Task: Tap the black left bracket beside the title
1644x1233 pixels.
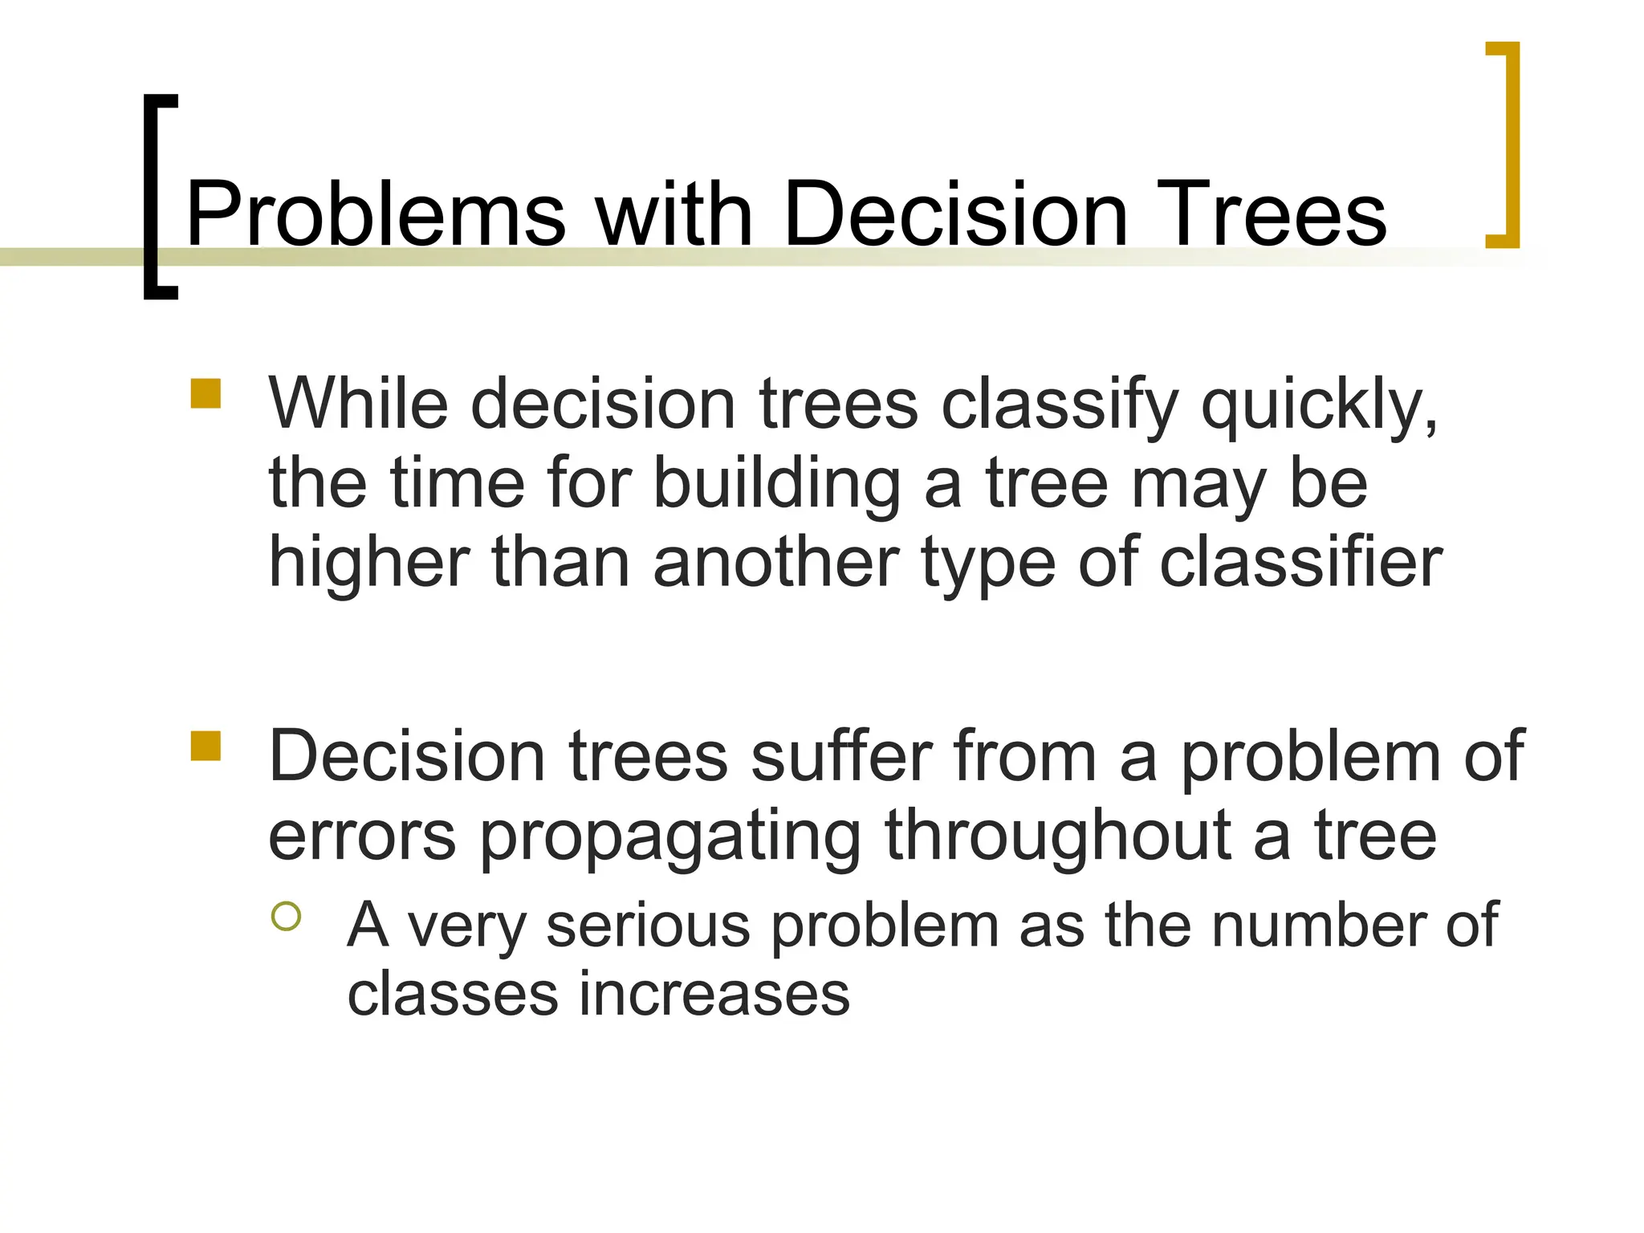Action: (152, 197)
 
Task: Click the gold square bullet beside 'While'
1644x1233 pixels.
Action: (205, 394)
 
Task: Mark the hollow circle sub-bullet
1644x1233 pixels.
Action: (286, 916)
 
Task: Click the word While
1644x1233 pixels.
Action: (357, 403)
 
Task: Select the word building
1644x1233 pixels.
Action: (776, 485)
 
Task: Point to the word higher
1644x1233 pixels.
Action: (368, 564)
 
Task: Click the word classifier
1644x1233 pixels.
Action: (1300, 564)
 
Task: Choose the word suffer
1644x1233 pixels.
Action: (840, 756)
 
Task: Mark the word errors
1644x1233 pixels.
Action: (362, 837)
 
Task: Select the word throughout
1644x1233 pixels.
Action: (1057, 837)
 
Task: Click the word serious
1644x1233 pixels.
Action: (648, 926)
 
